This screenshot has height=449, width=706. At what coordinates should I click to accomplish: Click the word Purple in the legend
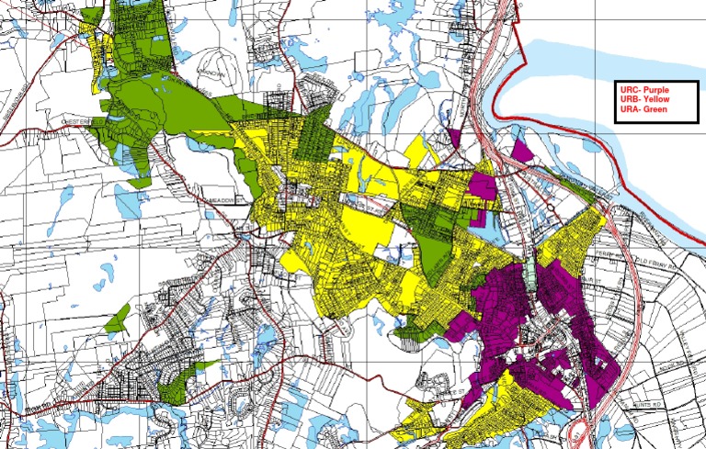[x=657, y=89]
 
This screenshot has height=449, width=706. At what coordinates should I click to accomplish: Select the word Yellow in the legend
[x=656, y=98]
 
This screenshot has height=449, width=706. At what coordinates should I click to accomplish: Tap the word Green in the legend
[x=655, y=108]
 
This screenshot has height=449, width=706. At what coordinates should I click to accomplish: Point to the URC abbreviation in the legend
[x=631, y=89]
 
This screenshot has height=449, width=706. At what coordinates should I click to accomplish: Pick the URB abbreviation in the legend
[x=631, y=98]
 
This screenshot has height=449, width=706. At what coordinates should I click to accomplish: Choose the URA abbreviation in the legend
[x=631, y=108]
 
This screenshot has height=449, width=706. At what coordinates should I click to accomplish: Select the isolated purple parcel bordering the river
[x=521, y=150]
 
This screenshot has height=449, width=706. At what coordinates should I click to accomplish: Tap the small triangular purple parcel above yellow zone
[x=454, y=137]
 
